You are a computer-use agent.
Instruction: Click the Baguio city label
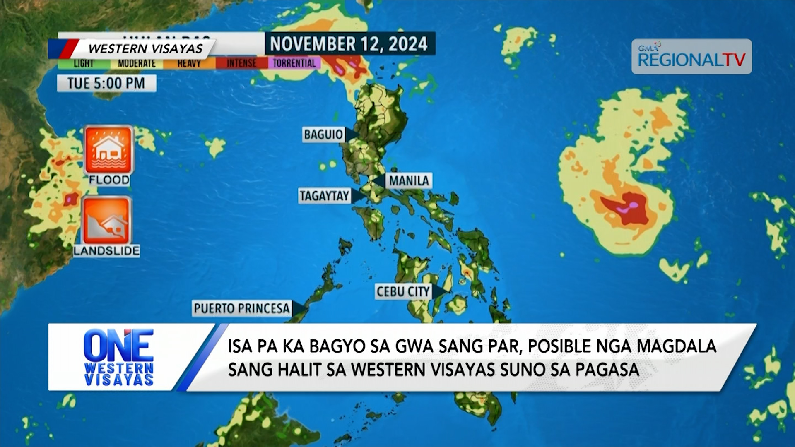point(323,135)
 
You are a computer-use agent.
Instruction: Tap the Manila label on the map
point(409,181)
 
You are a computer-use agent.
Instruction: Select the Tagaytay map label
point(325,196)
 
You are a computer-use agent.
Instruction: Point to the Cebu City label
point(403,292)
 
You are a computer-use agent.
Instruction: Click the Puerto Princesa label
point(242,308)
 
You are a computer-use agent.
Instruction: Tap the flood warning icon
point(108,150)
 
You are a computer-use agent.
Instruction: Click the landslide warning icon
point(107,221)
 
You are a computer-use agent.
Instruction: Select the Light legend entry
point(84,63)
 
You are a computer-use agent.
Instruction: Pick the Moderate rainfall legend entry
point(137,63)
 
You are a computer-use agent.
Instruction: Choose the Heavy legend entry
point(189,63)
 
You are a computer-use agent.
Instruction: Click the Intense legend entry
point(241,63)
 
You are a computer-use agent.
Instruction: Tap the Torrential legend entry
point(294,63)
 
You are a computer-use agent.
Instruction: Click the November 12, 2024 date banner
point(349,43)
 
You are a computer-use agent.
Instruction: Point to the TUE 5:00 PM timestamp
point(106,83)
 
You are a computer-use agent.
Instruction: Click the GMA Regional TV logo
point(691,57)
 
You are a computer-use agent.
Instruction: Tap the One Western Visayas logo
point(119,357)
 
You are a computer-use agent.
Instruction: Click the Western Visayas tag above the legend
point(145,48)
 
